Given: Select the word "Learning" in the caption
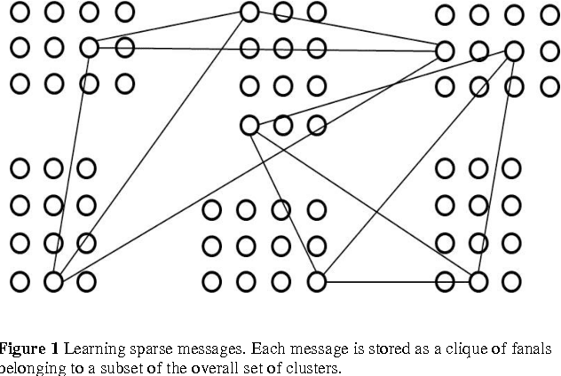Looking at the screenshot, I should click(x=93, y=348).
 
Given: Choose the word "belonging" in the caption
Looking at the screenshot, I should click(x=31, y=368).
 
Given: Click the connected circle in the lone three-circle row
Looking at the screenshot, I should click(x=249, y=126).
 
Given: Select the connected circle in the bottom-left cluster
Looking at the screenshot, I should click(x=53, y=282).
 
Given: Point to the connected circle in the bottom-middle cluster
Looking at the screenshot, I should click(x=317, y=282).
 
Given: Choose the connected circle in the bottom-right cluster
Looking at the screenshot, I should click(x=478, y=282).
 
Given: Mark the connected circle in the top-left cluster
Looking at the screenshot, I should click(x=88, y=46).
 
